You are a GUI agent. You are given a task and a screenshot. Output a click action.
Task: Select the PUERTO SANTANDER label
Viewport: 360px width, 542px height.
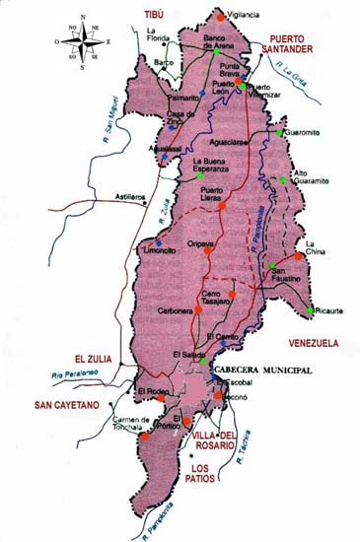pyautogui.click(x=286, y=41)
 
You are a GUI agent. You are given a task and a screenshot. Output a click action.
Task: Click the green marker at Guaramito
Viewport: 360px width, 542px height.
pyautogui.click(x=281, y=132)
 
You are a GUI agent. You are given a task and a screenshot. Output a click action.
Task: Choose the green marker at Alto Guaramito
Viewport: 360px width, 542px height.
pyautogui.click(x=283, y=179)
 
